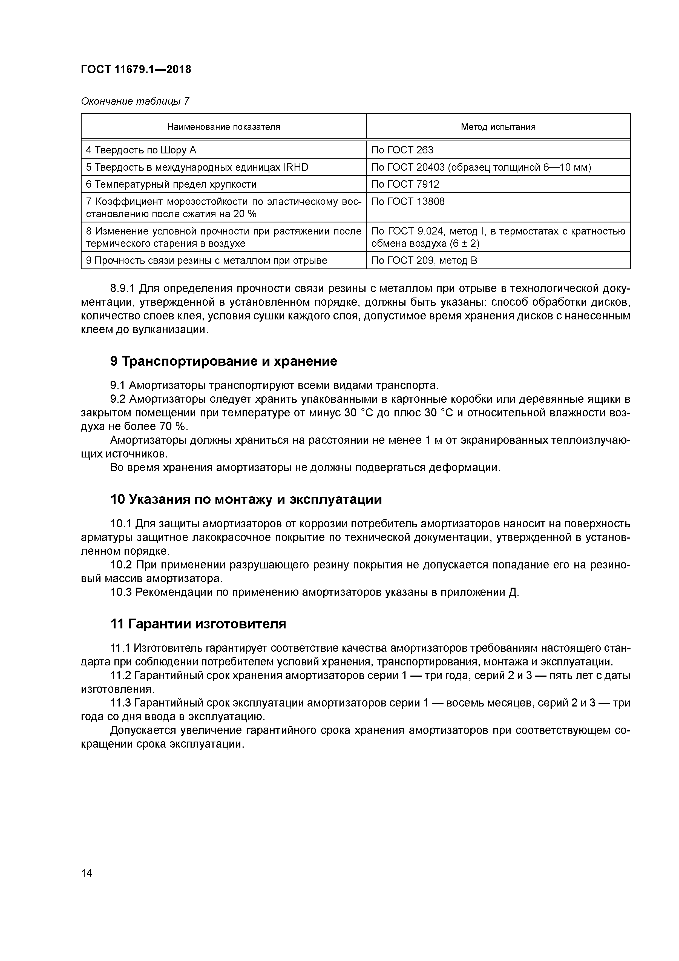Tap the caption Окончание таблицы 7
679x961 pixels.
(135, 101)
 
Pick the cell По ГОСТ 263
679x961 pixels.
(402, 150)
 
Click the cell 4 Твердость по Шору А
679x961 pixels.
(141, 150)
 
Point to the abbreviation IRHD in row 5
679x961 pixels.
(295, 167)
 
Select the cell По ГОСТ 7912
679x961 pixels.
(405, 184)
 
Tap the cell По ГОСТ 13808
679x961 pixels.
(408, 202)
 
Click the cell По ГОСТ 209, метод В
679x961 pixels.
(424, 260)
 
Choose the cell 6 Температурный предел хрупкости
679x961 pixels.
(171, 184)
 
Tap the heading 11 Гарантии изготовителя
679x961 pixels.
(198, 624)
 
